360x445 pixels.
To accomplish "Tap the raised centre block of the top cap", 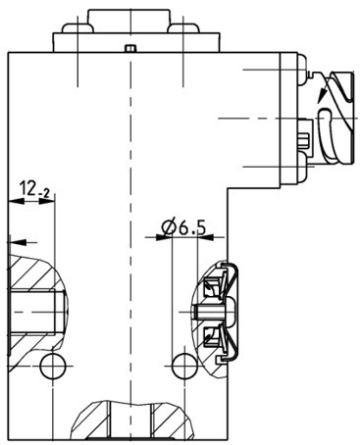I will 129,20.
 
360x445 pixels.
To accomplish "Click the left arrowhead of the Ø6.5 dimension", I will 163,238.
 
